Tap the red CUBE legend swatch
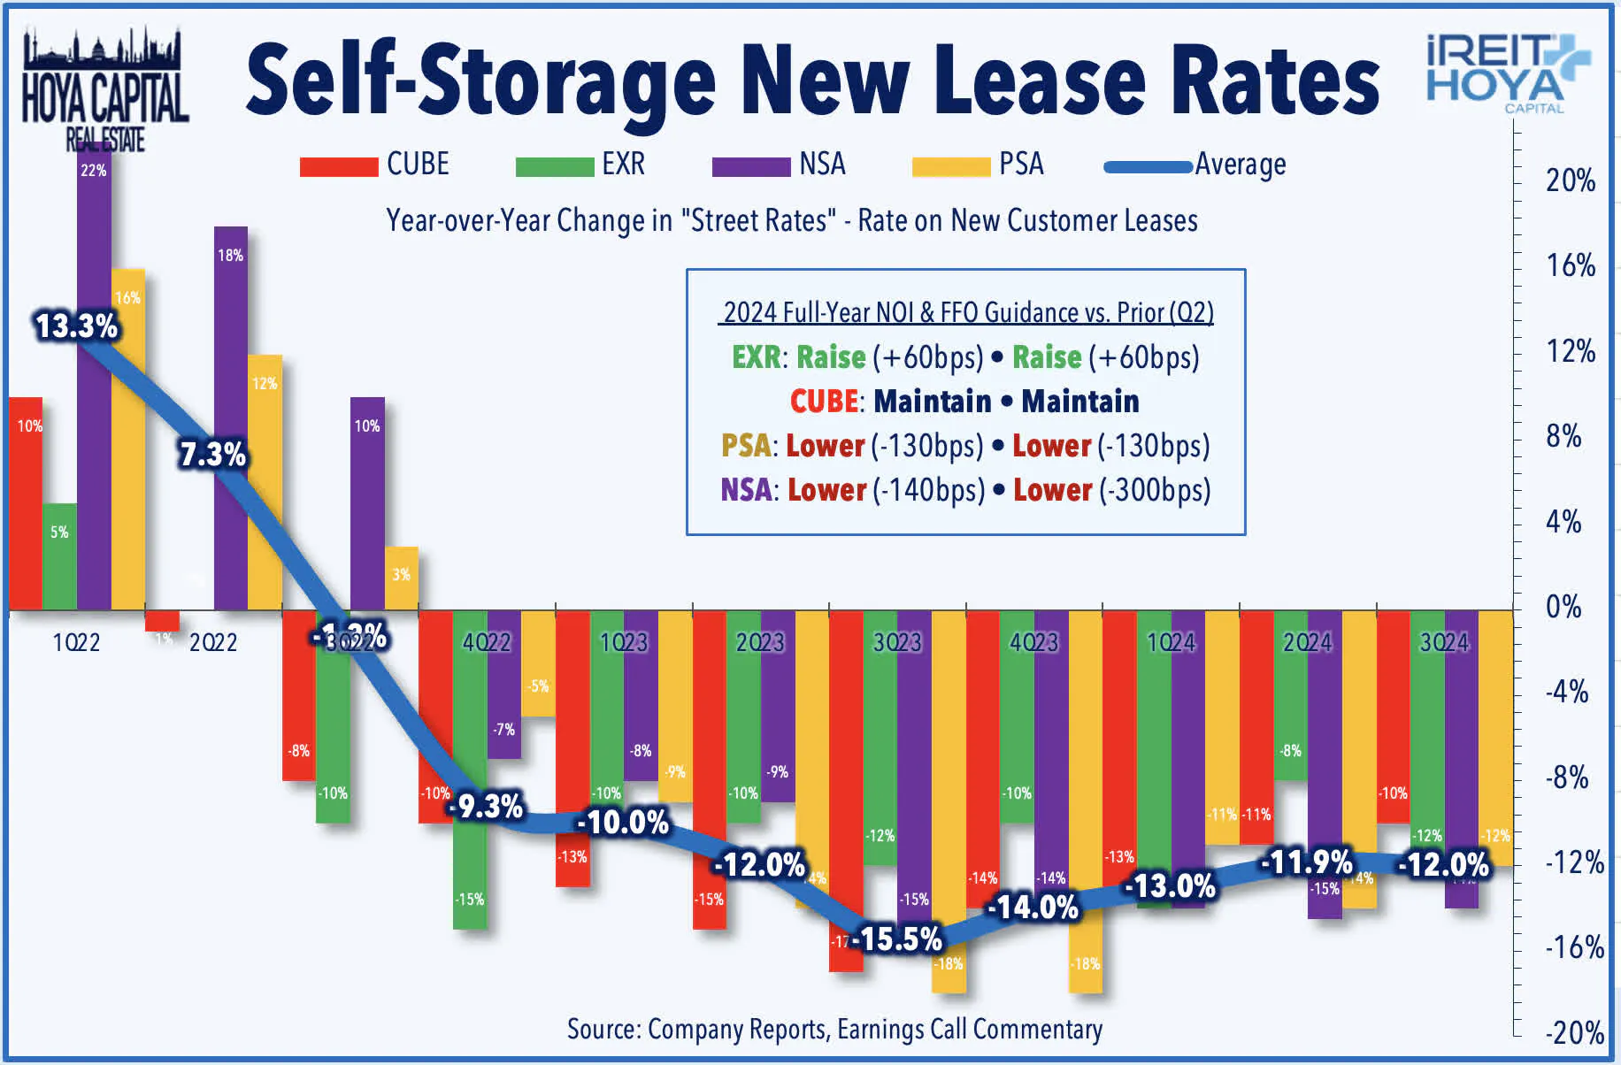(x=338, y=166)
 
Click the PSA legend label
(x=1021, y=165)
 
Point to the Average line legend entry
(x=1195, y=165)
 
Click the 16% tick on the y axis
(x=1570, y=265)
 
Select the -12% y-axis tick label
(x=1573, y=862)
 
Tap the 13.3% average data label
(x=76, y=326)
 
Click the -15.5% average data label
(x=897, y=939)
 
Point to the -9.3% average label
(x=487, y=806)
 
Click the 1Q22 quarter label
(x=76, y=642)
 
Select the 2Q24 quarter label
(x=1307, y=642)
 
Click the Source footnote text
(x=834, y=1030)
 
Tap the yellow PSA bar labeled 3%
(x=401, y=578)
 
